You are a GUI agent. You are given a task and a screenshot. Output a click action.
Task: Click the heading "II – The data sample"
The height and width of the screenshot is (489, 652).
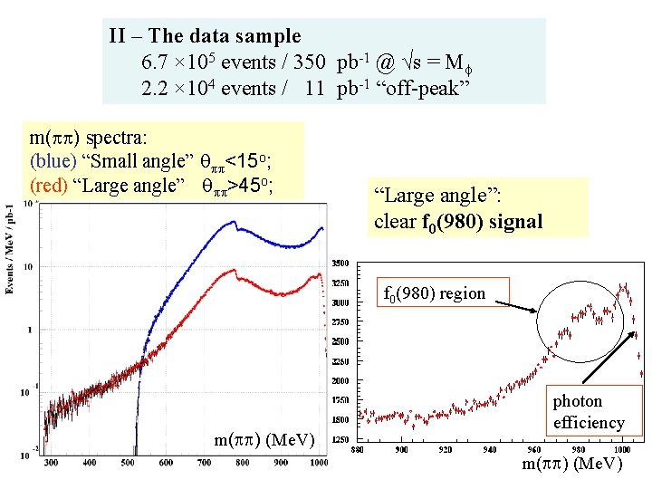pos(205,36)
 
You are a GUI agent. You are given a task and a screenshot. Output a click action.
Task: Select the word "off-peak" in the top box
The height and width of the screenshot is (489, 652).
pos(435,88)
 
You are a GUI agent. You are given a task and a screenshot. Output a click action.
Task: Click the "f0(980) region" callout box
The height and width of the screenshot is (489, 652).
pos(435,293)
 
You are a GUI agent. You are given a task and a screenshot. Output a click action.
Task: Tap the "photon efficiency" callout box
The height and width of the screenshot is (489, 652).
pos(590,412)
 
